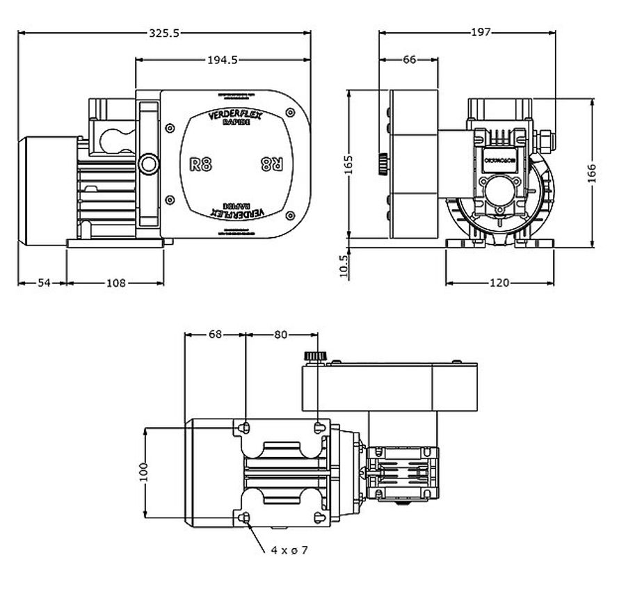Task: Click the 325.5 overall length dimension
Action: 165,32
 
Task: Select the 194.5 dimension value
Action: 223,60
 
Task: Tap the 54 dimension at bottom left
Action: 43,282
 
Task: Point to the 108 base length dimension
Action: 115,282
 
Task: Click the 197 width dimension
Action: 481,32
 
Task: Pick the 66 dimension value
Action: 409,60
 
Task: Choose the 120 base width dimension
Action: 499,282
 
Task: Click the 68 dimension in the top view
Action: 215,334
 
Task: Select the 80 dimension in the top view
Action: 280,334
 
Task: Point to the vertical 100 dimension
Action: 144,472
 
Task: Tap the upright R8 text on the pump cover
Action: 201,165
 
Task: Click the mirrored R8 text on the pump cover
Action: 271,165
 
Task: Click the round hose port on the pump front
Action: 148,164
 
